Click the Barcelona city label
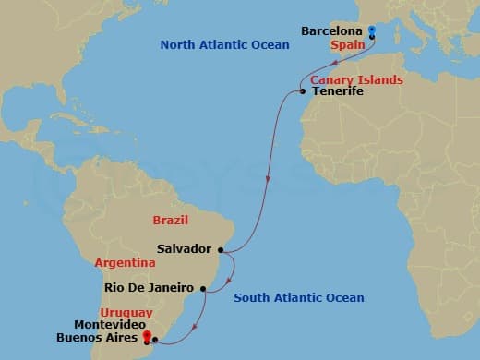coord(331,31)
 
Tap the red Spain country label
coord(346,43)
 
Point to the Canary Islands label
coord(356,80)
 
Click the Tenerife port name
coord(339,92)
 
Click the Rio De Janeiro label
coord(144,287)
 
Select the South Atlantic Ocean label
coord(298,297)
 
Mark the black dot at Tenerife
coord(302,91)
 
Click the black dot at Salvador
coord(221,248)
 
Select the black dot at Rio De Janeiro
coord(200,288)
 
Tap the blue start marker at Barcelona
coord(371,32)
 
